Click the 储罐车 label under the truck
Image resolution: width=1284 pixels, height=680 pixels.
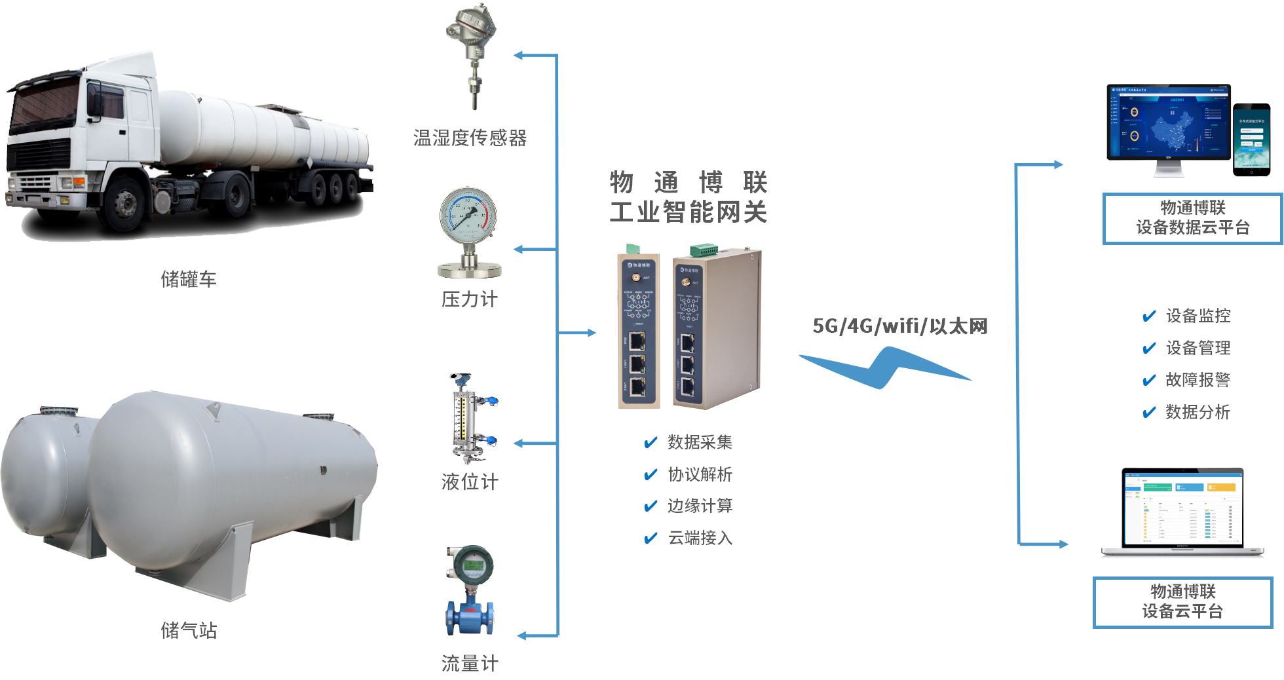coord(188,280)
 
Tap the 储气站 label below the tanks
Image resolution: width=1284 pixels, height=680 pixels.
coord(188,630)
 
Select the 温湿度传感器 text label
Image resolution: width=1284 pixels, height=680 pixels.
coord(470,138)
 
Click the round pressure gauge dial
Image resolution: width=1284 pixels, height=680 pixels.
coord(468,214)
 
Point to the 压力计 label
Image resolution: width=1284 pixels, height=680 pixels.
coord(469,299)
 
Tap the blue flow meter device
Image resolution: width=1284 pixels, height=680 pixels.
coord(470,593)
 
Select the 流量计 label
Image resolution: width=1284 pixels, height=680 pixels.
coord(469,664)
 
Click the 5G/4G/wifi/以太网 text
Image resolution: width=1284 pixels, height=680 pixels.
coord(899,326)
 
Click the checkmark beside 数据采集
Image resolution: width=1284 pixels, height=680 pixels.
coord(651,443)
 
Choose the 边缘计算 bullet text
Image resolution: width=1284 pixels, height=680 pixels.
coord(700,506)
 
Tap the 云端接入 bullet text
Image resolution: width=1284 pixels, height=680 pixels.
coord(700,538)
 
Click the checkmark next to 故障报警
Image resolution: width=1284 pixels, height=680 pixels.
coord(1149,381)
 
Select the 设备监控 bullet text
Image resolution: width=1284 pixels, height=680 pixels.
coord(1198,316)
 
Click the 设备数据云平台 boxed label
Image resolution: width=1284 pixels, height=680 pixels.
coord(1192,219)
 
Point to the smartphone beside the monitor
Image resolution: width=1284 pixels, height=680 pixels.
coord(1251,139)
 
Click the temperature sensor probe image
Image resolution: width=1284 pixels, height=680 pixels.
coord(470,56)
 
